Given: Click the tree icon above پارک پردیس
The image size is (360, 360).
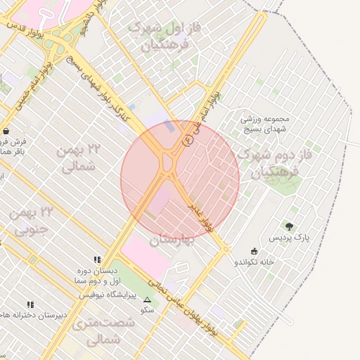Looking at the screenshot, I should [x=289, y=226].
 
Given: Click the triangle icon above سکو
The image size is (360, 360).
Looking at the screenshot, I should [x=147, y=300].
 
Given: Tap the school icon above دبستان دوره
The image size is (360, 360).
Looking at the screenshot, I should [x=97, y=259].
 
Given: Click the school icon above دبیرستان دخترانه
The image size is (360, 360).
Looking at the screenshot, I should [x=30, y=304].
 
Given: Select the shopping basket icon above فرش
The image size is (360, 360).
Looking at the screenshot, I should [x=6, y=131].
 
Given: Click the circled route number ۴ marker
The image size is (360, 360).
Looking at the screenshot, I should [x=187, y=141].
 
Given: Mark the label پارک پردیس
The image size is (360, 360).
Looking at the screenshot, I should [x=288, y=238].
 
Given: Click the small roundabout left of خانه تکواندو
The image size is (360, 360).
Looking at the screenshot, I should [x=226, y=249].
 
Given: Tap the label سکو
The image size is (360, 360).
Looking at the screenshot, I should [x=147, y=309].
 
